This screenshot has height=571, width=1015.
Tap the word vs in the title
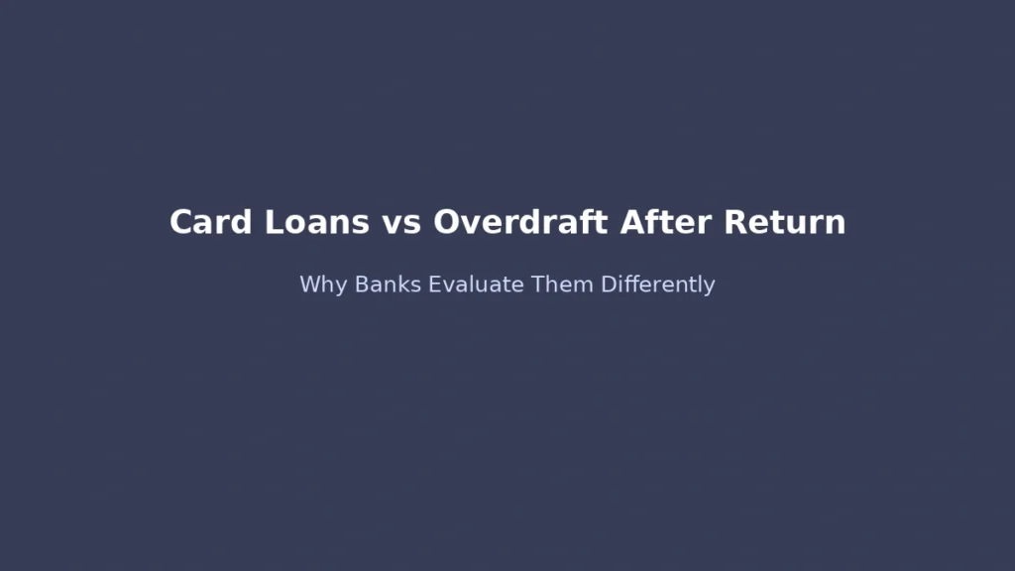pyautogui.click(x=399, y=222)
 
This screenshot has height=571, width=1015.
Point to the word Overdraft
pyautogui.click(x=521, y=222)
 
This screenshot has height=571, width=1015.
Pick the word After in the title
pyautogui.click(x=666, y=222)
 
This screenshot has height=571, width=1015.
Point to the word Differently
pyautogui.click(x=658, y=285)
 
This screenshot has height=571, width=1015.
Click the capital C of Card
pyautogui.click(x=180, y=222)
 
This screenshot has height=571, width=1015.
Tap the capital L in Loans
pyautogui.click(x=273, y=222)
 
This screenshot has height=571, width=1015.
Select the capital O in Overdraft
pyautogui.click(x=446, y=222)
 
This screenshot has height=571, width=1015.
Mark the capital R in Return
pyautogui.click(x=734, y=222)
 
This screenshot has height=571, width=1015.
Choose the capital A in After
pyautogui.click(x=633, y=222)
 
